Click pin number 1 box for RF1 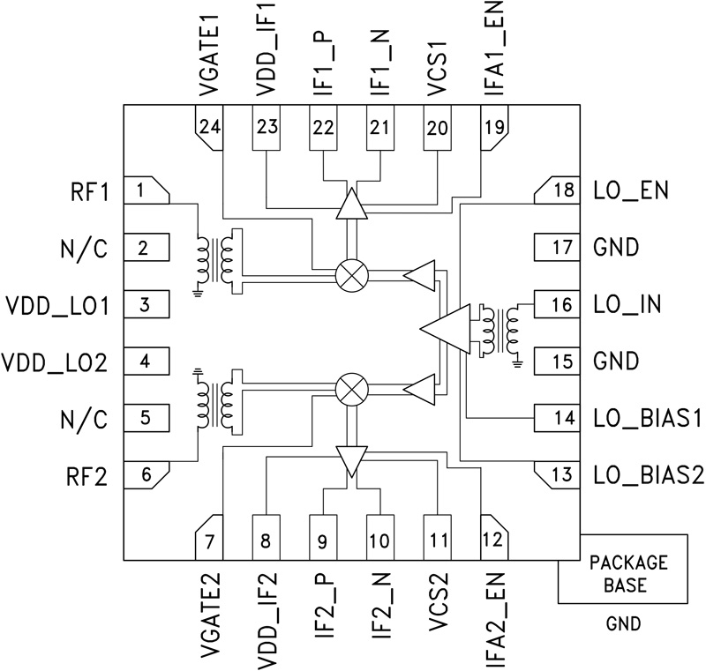pyautogui.click(x=146, y=190)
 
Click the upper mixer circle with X pyautogui.click(x=352, y=276)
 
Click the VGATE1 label pyautogui.click(x=209, y=51)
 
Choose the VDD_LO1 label pyautogui.click(x=56, y=306)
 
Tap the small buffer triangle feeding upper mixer pyautogui.click(x=420, y=275)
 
